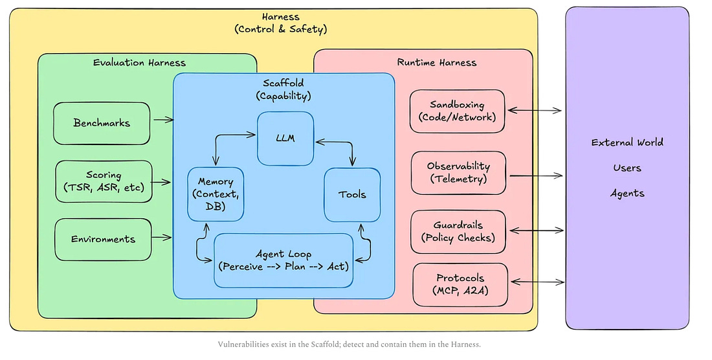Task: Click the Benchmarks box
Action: point(102,123)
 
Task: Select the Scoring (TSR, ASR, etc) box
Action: point(104,181)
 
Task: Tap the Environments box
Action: point(103,239)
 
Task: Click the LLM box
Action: point(285,139)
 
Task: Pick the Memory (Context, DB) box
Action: point(216,194)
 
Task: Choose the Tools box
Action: point(352,195)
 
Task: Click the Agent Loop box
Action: point(284,260)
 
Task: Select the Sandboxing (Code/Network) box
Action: point(457,111)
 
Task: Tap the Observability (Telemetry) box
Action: point(459,173)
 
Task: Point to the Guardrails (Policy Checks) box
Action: point(458,232)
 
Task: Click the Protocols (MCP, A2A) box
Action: point(460,285)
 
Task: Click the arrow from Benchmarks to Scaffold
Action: point(164,120)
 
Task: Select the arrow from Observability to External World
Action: point(537,175)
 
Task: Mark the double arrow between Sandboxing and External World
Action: point(535,110)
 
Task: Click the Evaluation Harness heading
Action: point(139,63)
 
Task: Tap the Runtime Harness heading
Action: point(437,62)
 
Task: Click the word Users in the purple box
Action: point(627,168)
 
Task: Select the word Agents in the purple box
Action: point(627,194)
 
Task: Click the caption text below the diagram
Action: point(349,344)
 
